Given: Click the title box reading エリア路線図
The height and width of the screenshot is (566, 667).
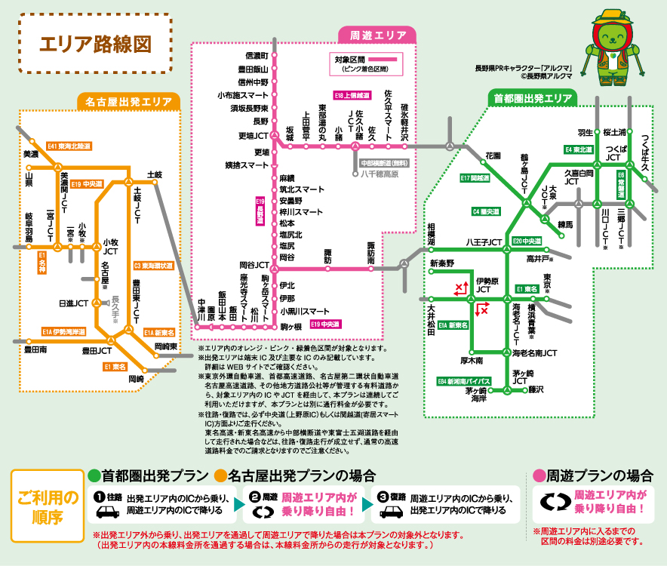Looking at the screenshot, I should (95, 42).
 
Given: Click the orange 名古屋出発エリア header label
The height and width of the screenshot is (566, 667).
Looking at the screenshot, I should (128, 100).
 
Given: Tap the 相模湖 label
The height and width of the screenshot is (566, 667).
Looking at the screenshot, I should (432, 235).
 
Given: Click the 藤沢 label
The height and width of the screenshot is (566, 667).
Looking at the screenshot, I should (536, 389).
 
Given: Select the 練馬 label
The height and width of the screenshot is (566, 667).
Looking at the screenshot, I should (565, 225).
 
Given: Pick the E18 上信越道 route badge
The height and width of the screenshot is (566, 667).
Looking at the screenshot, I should (352, 96).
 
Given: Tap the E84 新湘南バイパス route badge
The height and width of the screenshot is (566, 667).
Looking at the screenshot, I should (465, 381).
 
